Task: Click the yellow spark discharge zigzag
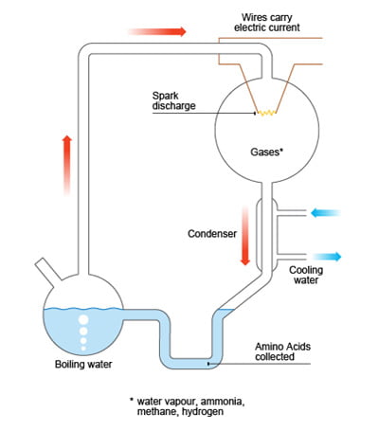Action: (267, 113)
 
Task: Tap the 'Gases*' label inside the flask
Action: (266, 153)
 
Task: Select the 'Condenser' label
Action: (212, 234)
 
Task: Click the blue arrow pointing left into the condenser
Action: (325, 213)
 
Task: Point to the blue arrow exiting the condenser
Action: (327, 257)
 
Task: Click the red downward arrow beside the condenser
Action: (245, 236)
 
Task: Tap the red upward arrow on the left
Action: (67, 166)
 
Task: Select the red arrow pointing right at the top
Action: (157, 31)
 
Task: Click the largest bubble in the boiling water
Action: (83, 320)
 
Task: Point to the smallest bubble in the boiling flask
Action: (83, 349)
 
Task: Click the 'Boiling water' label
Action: (83, 364)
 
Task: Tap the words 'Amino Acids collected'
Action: (282, 351)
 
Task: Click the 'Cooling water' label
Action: (306, 275)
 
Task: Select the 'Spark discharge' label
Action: (173, 100)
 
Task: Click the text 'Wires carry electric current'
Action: (267, 22)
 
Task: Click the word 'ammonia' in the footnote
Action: (223, 402)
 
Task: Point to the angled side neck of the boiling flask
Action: (48, 269)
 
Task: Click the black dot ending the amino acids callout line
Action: (208, 364)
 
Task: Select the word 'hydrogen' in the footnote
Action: (203, 412)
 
